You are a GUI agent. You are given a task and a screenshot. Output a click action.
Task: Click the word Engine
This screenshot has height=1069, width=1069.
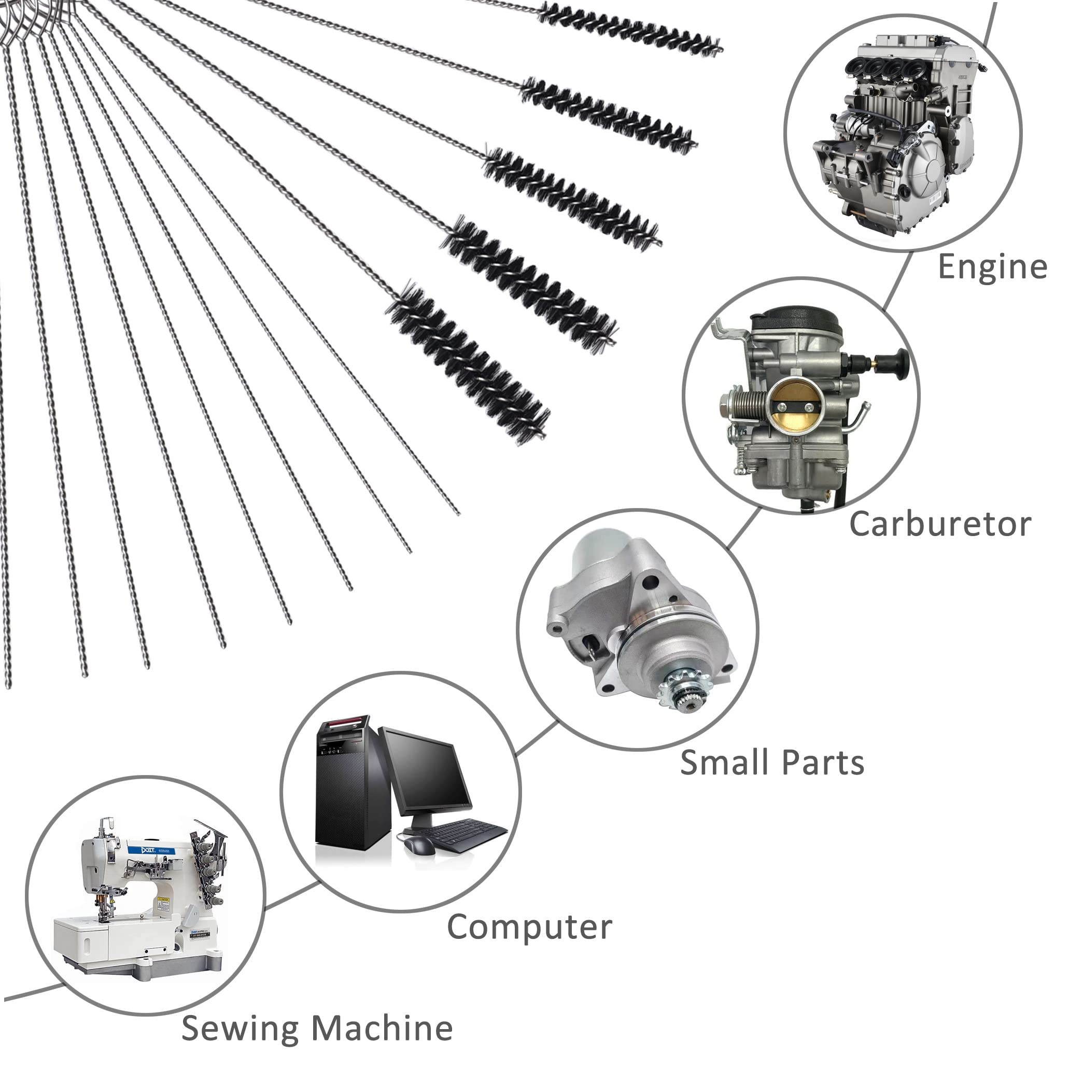992,268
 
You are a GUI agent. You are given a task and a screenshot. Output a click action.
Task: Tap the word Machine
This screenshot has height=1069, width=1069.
382,1029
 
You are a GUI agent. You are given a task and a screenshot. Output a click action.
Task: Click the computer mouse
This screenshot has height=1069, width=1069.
418,846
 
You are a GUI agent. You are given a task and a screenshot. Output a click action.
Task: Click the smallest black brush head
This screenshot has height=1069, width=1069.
630,27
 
